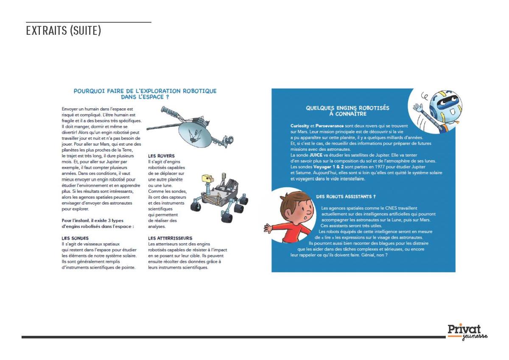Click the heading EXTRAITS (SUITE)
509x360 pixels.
click(63, 31)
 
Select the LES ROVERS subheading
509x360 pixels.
click(161, 156)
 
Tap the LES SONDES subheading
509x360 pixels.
click(75, 238)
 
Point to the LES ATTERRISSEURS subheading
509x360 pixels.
click(170, 238)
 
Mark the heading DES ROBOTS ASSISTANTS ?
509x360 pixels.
click(346, 197)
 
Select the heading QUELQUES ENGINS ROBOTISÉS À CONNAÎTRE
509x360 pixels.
click(347, 111)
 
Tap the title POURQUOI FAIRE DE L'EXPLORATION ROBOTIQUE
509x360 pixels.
click(145, 91)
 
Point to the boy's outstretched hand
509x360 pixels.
click(268, 228)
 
